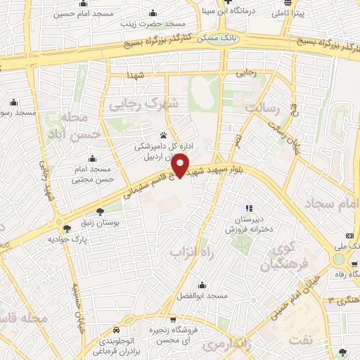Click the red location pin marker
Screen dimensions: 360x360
coord(181,165)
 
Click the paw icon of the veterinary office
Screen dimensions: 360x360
coord(164,135)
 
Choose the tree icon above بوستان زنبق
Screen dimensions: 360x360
coord(100,210)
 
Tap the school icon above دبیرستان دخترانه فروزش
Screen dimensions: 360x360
coord(247,208)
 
